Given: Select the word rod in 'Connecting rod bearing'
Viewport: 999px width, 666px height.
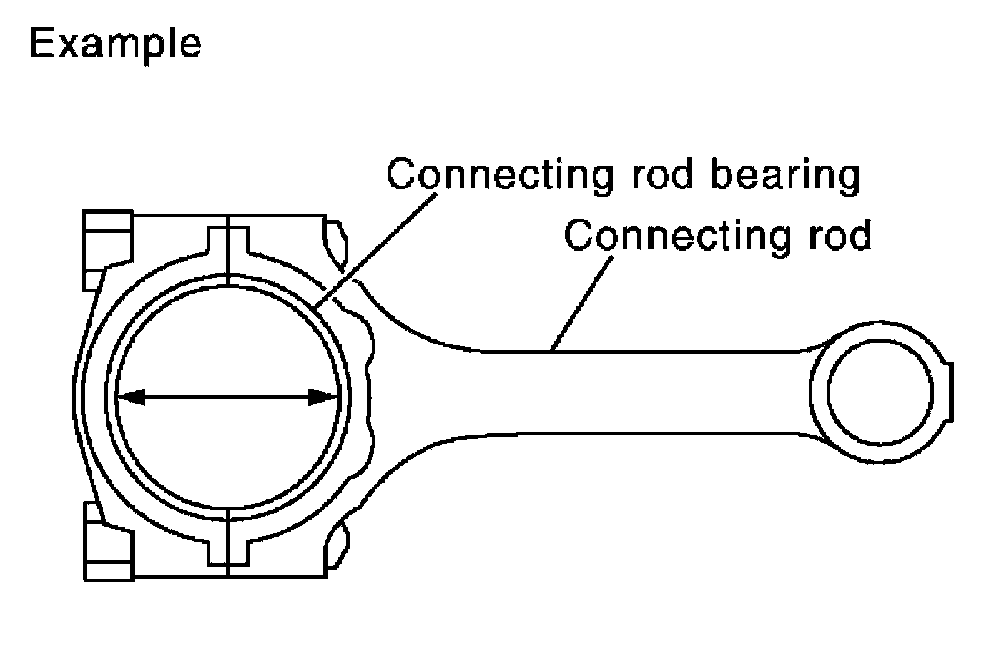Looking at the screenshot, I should point(662,174).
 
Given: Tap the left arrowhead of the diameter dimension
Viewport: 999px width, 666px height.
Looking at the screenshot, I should point(131,397).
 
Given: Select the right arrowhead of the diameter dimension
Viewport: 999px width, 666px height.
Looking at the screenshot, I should point(323,397).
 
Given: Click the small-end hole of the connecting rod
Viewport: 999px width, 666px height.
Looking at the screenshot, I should point(880,392).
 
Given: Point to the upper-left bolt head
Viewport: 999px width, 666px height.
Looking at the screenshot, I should point(108,237).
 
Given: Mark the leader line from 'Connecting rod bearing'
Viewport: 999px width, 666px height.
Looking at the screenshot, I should point(375,250).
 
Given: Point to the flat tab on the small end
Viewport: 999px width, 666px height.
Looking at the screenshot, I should point(951,392).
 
